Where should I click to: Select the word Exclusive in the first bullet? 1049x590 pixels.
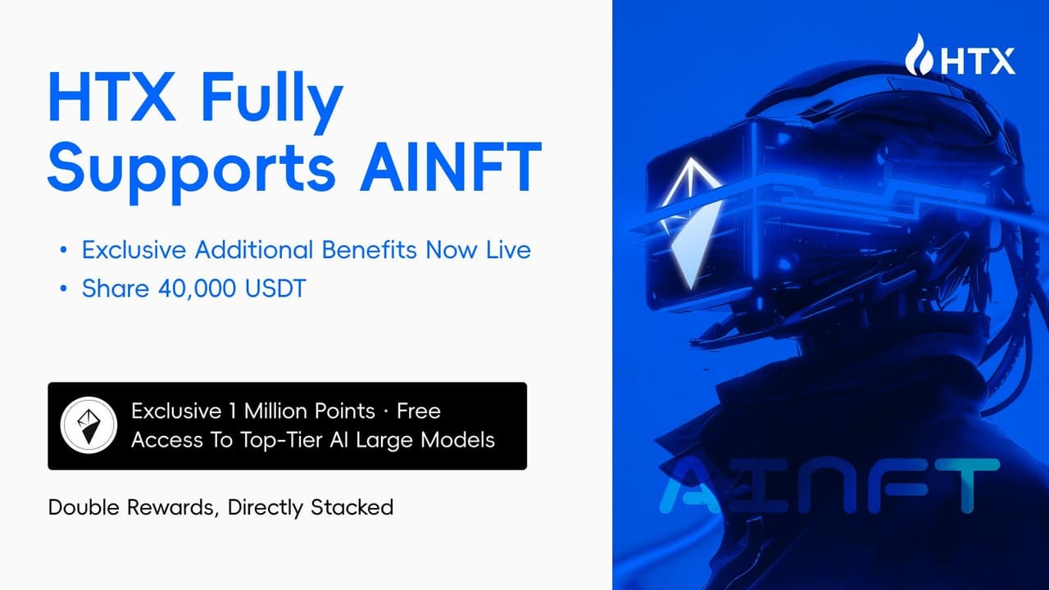(136, 250)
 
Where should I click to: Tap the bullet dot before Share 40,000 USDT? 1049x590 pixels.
(63, 290)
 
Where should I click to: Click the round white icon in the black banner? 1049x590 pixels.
(89, 424)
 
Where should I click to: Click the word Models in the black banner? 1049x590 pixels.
(458, 440)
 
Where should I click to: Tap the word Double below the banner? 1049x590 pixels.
(84, 507)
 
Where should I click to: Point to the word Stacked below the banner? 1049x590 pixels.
(352, 507)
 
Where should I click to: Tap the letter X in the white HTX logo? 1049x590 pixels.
(1000, 61)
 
